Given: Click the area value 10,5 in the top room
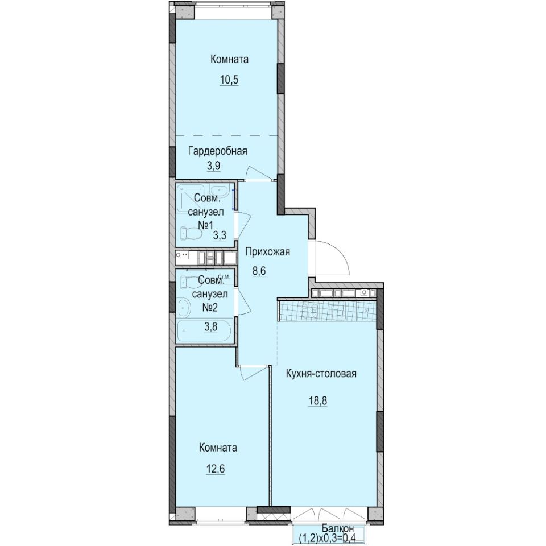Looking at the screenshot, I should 229,80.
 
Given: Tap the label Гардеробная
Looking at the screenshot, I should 218,151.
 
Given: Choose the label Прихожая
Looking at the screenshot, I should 267,252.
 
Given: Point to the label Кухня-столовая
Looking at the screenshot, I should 322,374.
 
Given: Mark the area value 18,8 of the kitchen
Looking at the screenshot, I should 317,400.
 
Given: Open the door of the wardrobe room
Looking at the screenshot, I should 254,173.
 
